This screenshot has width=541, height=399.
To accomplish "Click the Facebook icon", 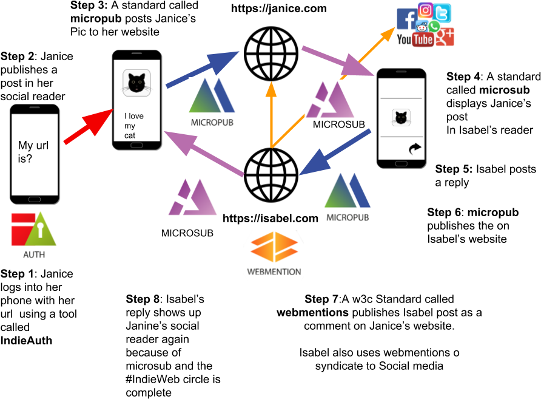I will click(405, 19).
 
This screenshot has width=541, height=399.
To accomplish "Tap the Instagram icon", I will click(426, 10).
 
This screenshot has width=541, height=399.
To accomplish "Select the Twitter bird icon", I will click(443, 13).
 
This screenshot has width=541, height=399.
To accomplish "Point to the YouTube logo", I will click(415, 40).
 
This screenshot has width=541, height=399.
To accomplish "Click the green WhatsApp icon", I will click(434, 26).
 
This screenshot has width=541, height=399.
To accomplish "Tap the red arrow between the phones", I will click(88, 127).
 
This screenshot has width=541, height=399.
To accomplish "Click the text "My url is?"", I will click(33, 152).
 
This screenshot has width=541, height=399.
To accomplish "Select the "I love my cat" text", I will click(133, 126).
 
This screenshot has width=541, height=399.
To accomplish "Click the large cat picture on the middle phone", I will click(136, 83).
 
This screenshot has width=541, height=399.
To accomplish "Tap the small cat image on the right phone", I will click(401, 117).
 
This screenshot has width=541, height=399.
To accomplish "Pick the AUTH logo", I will click(33, 235).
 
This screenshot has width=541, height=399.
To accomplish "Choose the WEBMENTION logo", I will click(274, 255).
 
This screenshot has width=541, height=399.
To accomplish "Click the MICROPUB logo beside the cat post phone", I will click(212, 102).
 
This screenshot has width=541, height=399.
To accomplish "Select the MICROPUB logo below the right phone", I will click(348, 197).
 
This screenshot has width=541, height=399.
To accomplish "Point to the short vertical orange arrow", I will click(271, 115).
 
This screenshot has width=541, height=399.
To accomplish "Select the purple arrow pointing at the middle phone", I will click(203, 154).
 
